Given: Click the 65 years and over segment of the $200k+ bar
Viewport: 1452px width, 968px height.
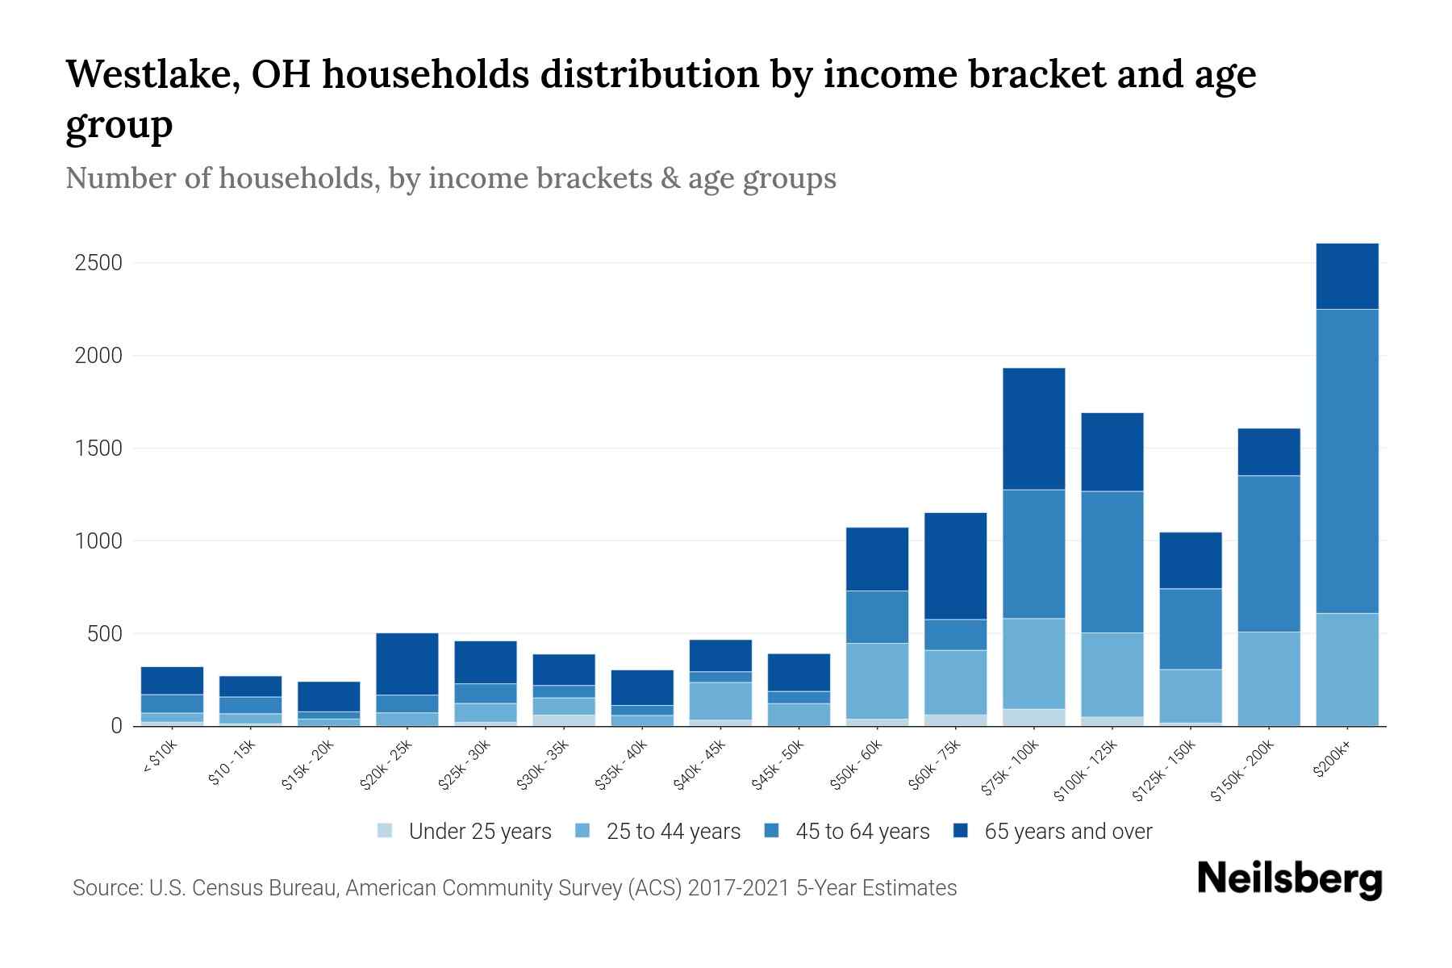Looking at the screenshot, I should (1346, 276).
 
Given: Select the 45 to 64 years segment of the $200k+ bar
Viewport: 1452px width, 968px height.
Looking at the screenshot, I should (1346, 460).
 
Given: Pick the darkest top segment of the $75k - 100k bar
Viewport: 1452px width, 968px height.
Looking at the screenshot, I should (1033, 428).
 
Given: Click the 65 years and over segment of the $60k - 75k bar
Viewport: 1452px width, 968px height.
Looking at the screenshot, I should (955, 565).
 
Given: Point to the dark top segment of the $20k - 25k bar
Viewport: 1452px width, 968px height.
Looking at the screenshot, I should (407, 663).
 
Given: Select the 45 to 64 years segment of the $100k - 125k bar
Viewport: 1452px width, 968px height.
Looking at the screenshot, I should (1112, 561).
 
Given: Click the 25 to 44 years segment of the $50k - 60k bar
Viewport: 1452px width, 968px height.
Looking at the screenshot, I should (877, 680).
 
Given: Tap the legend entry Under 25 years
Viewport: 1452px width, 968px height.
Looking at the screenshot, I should (479, 831).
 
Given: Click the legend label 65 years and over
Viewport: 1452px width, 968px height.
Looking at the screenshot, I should (1068, 831).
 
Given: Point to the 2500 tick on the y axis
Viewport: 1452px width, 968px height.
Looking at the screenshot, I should (98, 263).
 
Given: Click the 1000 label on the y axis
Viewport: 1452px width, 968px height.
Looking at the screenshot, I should (98, 540).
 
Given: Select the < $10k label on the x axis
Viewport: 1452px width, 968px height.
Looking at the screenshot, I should (161, 759).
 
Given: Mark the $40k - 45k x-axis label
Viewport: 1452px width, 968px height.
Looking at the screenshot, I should (699, 766).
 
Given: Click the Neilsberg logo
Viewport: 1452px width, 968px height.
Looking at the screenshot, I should (1289, 879).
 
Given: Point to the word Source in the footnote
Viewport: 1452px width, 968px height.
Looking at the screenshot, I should (106, 888).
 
